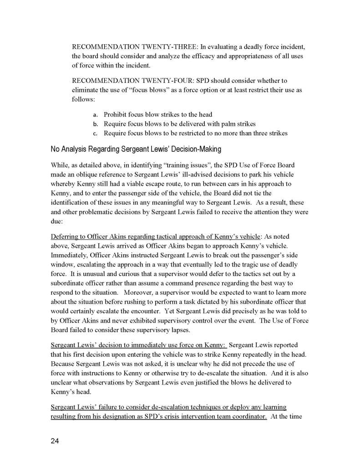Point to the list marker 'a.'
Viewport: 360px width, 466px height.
click(x=96, y=114)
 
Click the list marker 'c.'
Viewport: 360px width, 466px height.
click(x=96, y=133)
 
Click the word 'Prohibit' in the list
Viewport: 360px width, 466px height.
click(x=117, y=114)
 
